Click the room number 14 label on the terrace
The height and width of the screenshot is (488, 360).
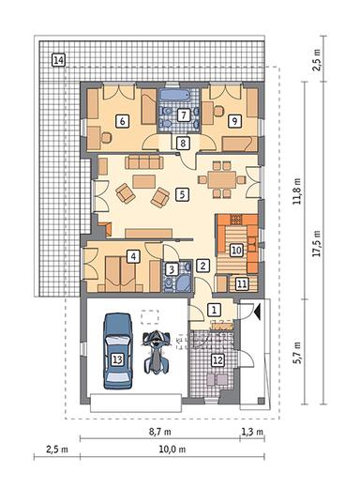[x=58, y=60]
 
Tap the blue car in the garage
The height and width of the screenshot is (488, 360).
[x=118, y=351]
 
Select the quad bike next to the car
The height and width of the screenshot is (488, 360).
[x=157, y=353]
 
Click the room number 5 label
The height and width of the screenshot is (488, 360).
[x=182, y=194]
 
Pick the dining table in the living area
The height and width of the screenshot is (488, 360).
[x=221, y=179]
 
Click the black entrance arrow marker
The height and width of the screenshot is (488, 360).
[x=257, y=313]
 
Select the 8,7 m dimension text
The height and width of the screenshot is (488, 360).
[x=159, y=432]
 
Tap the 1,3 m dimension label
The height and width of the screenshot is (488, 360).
[x=252, y=432]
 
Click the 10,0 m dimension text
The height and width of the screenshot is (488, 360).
[x=172, y=450]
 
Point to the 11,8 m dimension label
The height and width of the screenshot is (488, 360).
[x=297, y=191]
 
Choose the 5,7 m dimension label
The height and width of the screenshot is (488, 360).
[x=297, y=352]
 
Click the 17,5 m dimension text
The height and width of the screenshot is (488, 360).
[x=317, y=243]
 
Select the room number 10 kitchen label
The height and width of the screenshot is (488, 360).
[x=236, y=251]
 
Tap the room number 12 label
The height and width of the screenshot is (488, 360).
[x=217, y=360]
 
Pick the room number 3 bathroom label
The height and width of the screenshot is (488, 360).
[x=172, y=269]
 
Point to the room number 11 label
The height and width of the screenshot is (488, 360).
[x=242, y=284]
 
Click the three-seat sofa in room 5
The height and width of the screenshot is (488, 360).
[x=144, y=162]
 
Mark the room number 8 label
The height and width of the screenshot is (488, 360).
[x=183, y=144]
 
